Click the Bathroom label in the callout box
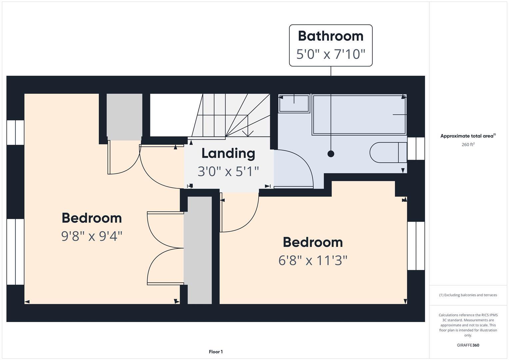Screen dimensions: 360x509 point(330,36)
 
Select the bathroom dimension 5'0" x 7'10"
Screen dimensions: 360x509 point(330,54)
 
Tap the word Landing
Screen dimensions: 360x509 point(228,153)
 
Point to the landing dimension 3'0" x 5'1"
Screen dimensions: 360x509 point(228,171)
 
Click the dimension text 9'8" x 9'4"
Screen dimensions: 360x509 point(92,236)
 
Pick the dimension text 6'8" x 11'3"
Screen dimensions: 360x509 point(313,260)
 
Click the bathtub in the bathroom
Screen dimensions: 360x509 point(359,115)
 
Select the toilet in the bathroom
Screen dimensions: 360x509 point(387,153)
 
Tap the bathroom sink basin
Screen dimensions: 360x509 point(294,103)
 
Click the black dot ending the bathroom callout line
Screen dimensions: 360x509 point(331,154)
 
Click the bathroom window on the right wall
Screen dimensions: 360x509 point(416,149)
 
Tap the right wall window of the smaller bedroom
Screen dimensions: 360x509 point(416,246)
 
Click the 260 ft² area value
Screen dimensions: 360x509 point(468,145)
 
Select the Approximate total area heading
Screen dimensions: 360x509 point(468,136)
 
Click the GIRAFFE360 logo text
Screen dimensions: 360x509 point(468,345)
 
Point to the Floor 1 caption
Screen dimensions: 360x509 point(216,352)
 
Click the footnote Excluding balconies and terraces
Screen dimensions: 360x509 point(468,295)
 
